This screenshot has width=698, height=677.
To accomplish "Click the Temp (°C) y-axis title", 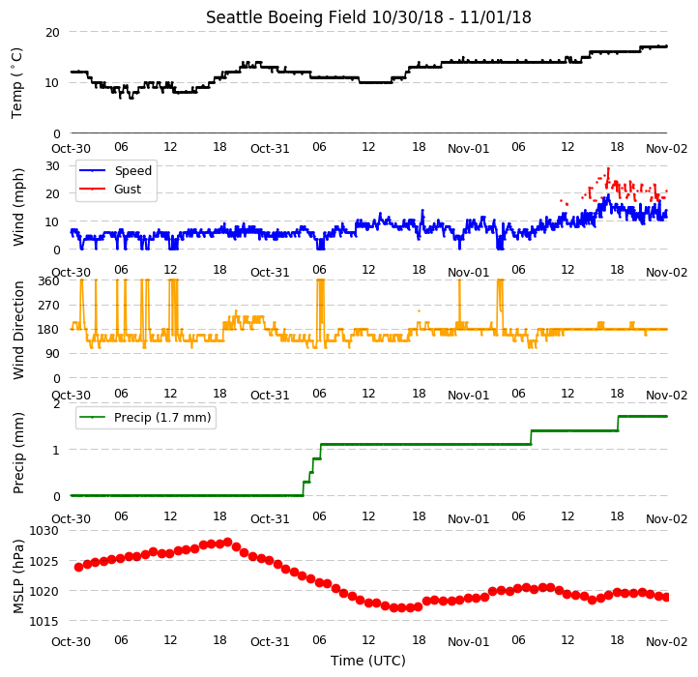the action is pos(16,83).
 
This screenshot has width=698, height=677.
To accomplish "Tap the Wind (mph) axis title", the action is pos(17,207).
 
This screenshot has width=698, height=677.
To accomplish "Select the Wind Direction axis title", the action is pos(17,330).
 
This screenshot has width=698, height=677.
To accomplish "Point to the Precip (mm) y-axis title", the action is pos(17,453).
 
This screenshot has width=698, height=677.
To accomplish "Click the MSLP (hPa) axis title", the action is pos(17,576).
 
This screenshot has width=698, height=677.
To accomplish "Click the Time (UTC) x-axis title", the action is pos(368,661).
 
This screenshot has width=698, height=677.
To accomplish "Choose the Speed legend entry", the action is pos(133,170).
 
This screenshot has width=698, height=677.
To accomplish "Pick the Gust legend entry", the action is pos(128,190).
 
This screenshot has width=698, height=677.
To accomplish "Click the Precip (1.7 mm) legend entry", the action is pos(162,418).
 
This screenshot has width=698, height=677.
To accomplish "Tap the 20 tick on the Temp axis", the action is pos(52,33).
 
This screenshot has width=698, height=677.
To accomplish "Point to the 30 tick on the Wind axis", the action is pos(52,166).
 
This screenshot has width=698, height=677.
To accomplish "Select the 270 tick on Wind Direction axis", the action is pos(49,306).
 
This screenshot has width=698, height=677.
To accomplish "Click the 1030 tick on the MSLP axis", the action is pos(44,531).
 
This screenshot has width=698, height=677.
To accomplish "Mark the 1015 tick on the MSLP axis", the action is pos(44,621).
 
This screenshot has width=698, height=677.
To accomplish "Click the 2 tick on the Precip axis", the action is pos(56,404).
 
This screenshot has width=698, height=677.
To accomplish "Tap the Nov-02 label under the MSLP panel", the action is pos(667,642).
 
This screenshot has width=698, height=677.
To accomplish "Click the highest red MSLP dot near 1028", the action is pos(228,542).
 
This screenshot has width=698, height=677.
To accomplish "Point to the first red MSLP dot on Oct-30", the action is pos(79,567).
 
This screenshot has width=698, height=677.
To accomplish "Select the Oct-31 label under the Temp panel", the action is pos(270,149).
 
